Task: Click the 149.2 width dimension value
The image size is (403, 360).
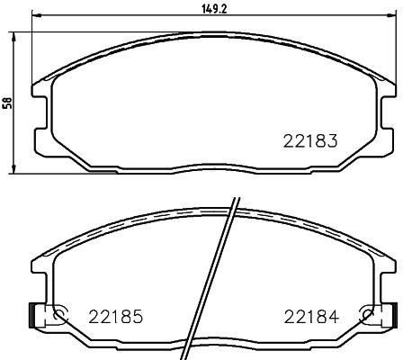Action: (x=215, y=10)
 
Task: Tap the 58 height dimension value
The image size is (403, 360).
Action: (x=7, y=103)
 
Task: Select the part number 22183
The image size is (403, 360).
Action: (x=310, y=140)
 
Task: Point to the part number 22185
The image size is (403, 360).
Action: (x=115, y=317)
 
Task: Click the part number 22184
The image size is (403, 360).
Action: (x=311, y=317)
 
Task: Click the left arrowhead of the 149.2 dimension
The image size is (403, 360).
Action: (x=36, y=15)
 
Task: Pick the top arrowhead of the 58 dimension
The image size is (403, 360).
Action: (x=13, y=37)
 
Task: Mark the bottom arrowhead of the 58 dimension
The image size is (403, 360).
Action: (x=13, y=168)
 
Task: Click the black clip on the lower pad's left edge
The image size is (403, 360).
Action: (x=31, y=315)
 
